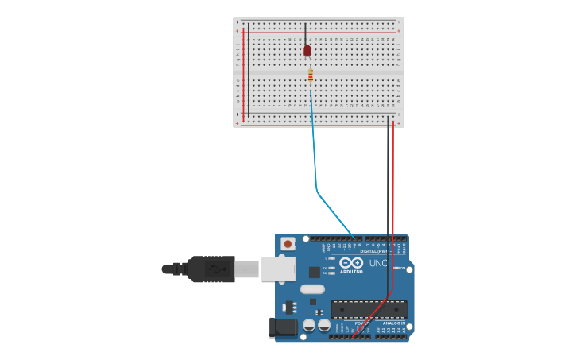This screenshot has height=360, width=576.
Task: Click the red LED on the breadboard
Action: click(x=307, y=51)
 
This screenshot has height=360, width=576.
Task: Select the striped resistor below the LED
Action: click(x=310, y=76)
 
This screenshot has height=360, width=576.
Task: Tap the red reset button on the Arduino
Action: click(x=288, y=244)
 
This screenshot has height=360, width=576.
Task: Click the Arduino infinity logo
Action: click(x=351, y=263)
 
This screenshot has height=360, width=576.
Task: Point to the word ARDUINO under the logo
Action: click(x=351, y=272)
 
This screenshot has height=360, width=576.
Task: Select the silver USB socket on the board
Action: click(x=278, y=269)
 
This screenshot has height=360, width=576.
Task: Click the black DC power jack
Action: click(x=283, y=327)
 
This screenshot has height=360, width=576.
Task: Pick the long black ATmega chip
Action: click(x=369, y=309)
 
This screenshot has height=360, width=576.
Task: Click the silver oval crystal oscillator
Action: click(x=313, y=289)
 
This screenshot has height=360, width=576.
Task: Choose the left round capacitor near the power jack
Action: click(x=310, y=324)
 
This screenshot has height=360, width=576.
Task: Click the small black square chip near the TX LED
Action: click(x=315, y=272)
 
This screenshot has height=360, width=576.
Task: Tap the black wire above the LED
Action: click(x=306, y=33)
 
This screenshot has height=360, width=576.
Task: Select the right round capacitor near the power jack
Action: click(x=324, y=324)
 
